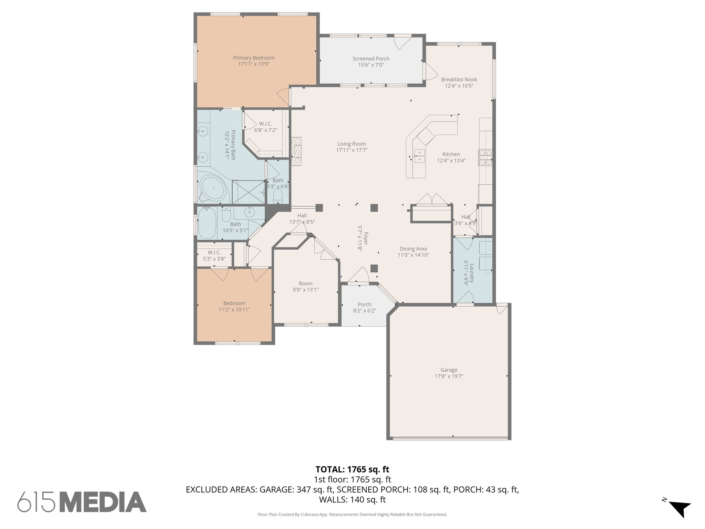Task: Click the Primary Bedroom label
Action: pyautogui.click(x=254, y=58)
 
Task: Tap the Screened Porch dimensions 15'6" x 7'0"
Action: pyautogui.click(x=371, y=65)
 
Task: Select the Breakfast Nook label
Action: pyautogui.click(x=459, y=80)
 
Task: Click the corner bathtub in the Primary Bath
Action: pyautogui.click(x=213, y=188)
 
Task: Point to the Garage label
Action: pyautogui.click(x=449, y=370)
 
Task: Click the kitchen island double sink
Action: pyautogui.click(x=420, y=155)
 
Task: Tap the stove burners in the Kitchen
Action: pyautogui.click(x=485, y=157)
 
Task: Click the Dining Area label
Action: pyautogui.click(x=413, y=249)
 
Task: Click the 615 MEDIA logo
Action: pyautogui.click(x=82, y=502)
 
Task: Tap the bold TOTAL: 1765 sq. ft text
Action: pyautogui.click(x=352, y=469)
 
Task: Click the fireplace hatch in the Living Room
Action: pyautogui.click(x=296, y=152)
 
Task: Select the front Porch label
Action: pyautogui.click(x=364, y=304)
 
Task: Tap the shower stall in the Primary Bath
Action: pyautogui.click(x=248, y=192)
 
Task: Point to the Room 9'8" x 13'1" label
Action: pyautogui.click(x=305, y=283)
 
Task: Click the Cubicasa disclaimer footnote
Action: pyautogui.click(x=352, y=515)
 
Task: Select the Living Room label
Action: pyautogui.click(x=351, y=144)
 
